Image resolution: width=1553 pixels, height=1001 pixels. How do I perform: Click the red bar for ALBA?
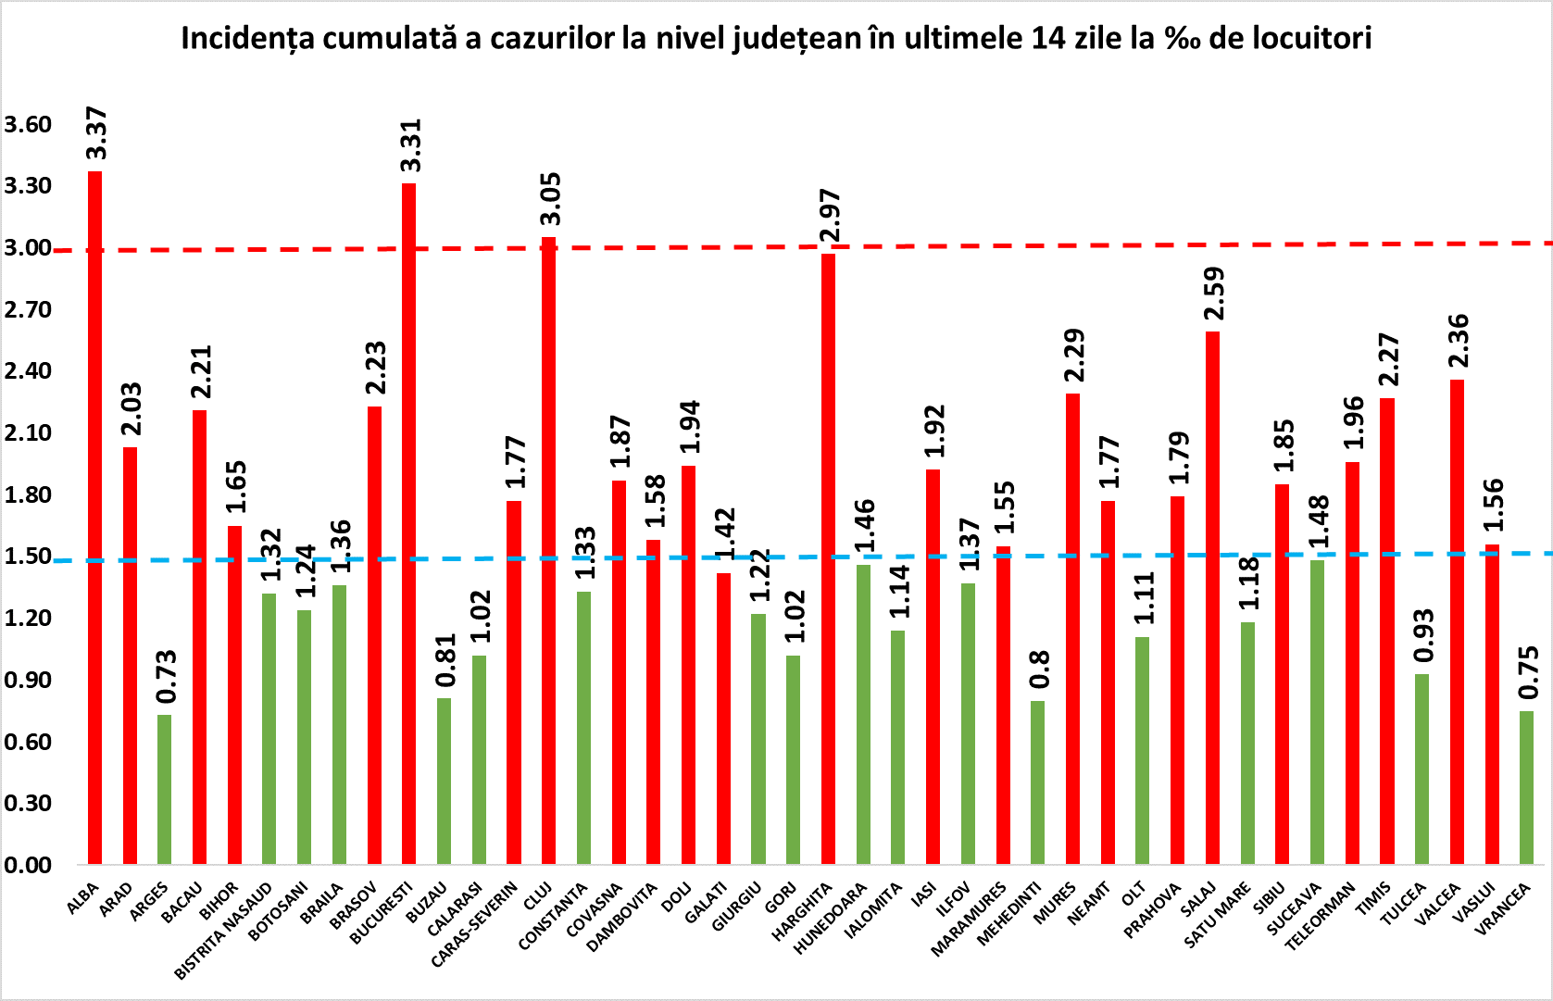(x=94, y=519)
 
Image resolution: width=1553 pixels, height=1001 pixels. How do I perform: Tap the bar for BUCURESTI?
(x=408, y=523)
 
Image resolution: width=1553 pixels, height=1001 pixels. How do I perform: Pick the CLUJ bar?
(x=548, y=551)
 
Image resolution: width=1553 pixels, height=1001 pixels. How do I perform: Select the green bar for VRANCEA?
(x=1526, y=787)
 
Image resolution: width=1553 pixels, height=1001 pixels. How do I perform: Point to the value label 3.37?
(x=96, y=134)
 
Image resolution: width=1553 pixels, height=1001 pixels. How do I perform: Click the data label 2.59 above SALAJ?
(x=1213, y=294)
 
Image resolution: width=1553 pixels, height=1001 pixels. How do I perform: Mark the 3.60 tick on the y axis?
(x=28, y=124)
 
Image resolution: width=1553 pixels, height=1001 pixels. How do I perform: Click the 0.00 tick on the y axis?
(x=28, y=865)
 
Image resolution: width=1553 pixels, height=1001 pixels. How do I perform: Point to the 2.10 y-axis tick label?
(x=28, y=432)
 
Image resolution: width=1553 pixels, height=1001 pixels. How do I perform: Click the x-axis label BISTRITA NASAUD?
(x=225, y=932)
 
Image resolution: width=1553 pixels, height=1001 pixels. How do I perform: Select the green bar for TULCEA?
(x=1421, y=769)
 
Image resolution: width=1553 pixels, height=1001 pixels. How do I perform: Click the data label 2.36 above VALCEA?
(x=1458, y=342)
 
